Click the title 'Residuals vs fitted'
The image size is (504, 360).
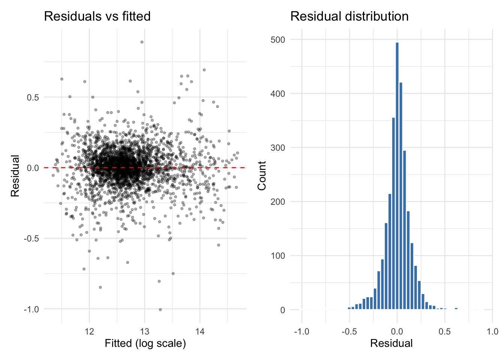point(97,16)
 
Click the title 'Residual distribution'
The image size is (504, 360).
point(349,16)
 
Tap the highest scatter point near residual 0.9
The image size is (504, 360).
point(142,42)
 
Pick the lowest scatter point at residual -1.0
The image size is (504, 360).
point(160,309)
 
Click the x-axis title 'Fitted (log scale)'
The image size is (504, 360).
point(145,343)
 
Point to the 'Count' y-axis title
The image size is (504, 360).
point(262,175)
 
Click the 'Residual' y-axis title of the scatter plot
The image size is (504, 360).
point(15,175)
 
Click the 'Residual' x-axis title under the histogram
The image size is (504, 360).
point(391,343)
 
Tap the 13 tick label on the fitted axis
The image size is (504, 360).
point(144,331)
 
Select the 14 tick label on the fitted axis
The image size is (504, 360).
point(200,331)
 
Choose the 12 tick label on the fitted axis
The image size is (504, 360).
point(89,331)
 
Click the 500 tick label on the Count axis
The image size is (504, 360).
point(278,40)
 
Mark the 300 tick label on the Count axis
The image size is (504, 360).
point(278,148)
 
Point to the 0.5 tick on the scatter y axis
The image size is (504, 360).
point(33,97)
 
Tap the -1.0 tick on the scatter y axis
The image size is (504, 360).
point(31,309)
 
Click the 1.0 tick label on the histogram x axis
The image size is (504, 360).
point(492,331)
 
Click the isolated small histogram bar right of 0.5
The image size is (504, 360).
point(456,309)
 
